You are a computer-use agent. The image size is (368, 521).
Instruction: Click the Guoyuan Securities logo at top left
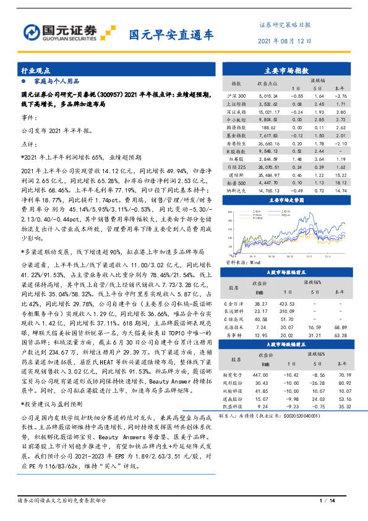click(x=68, y=32)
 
